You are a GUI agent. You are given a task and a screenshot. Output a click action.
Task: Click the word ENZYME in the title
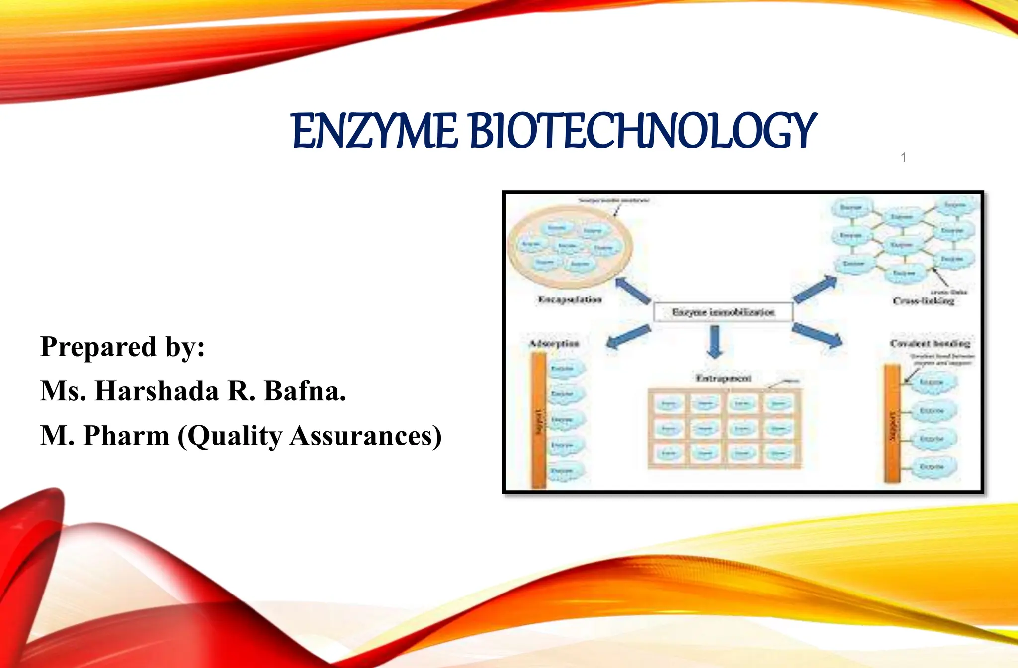374,131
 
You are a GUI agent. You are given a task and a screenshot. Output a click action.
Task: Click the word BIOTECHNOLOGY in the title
642,131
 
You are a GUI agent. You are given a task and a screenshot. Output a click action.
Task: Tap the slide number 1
903,158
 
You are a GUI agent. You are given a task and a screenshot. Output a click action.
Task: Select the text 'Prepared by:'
122,347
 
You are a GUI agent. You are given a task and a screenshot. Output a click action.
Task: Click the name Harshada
157,391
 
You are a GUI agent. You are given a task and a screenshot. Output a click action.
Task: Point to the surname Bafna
305,391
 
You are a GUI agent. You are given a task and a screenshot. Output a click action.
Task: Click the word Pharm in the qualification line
126,436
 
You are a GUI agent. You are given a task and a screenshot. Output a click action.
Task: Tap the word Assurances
365,436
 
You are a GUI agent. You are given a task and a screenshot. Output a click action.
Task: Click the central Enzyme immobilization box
723,312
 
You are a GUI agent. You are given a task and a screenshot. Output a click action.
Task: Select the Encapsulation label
570,299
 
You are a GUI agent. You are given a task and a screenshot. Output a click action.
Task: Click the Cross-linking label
923,301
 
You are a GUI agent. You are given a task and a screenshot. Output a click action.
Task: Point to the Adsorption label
554,343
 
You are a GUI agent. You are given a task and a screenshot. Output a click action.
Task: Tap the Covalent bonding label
930,343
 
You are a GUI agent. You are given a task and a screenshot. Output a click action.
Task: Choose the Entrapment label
723,378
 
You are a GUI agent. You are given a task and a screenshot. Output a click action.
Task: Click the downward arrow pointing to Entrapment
714,342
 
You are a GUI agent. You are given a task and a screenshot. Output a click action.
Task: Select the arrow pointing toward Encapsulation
633,291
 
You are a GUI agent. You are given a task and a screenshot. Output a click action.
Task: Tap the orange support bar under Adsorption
538,420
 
